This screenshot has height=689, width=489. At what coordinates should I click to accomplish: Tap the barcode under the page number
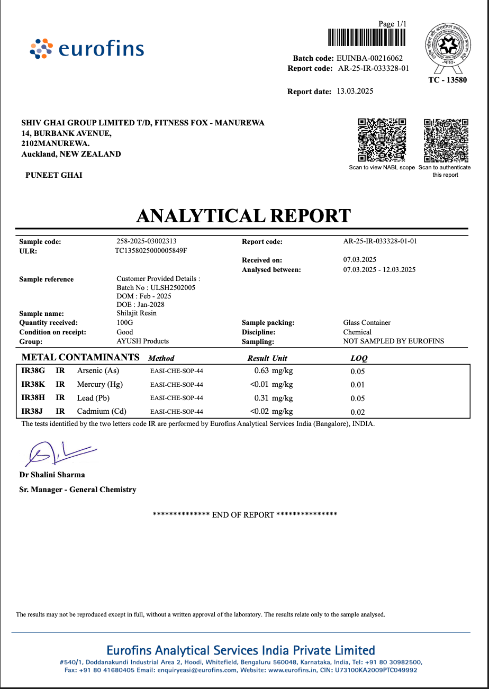point(366,38)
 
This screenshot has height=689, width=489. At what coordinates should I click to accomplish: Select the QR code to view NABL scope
point(382,140)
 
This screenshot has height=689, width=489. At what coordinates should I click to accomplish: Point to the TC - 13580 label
point(447,80)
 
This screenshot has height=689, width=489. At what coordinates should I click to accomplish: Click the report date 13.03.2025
point(355,91)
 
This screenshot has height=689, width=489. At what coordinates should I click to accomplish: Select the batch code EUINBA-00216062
point(369,58)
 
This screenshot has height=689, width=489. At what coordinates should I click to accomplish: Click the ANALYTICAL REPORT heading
point(243,216)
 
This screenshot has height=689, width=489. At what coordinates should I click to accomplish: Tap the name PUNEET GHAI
point(54,175)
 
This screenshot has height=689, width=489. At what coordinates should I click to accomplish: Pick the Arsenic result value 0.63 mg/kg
point(273,371)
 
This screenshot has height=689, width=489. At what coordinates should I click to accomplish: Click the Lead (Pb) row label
point(93,398)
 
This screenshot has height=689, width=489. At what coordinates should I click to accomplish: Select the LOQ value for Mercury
point(358,385)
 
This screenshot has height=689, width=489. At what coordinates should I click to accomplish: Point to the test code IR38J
point(33,411)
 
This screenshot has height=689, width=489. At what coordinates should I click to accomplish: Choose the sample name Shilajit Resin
point(137,313)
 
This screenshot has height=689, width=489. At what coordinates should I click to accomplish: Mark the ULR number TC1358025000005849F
point(151,251)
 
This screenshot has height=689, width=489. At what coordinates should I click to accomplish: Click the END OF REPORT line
point(245,514)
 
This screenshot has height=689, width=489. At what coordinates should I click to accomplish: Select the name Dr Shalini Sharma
point(52,475)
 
